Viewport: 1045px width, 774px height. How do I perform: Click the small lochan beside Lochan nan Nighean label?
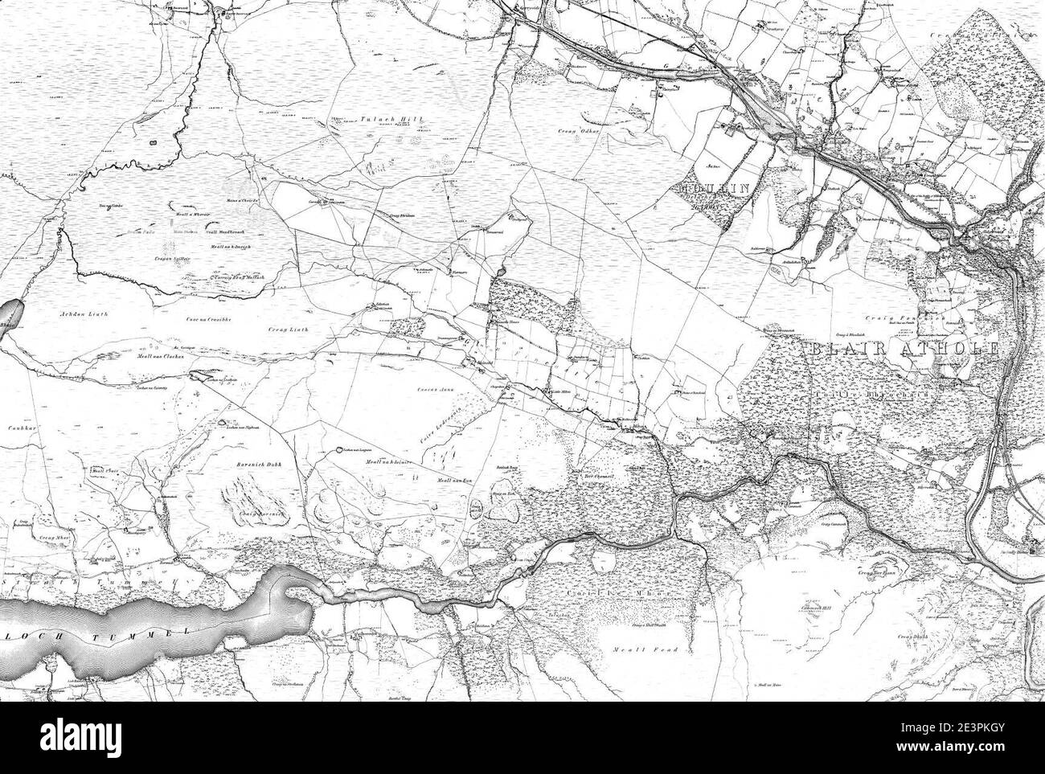tap(222, 422)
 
